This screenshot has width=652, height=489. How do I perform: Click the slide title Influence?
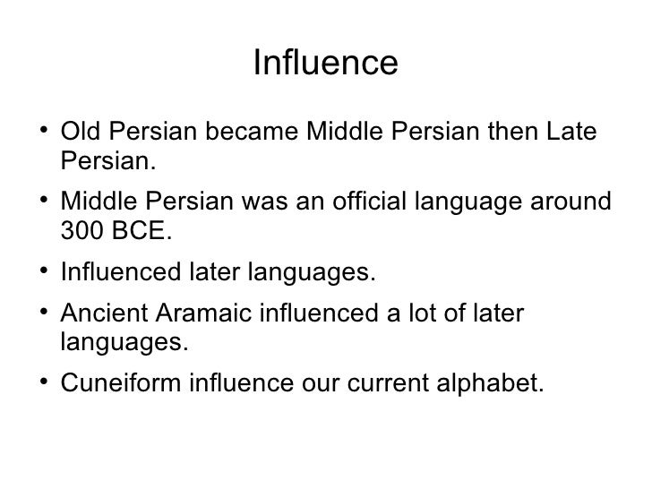[x=325, y=64]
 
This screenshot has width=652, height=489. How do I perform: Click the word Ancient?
[x=100, y=313]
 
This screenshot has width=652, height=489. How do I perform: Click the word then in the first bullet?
[x=510, y=133]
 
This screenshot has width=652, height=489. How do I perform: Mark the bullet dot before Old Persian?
[x=44, y=134]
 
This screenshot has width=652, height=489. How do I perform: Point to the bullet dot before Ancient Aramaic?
[x=44, y=314]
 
